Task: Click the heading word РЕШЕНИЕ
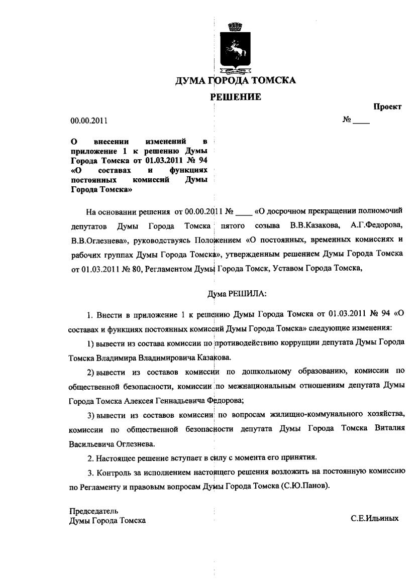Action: (235, 97)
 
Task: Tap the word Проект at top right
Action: (387, 107)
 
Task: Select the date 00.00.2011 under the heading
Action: (89, 121)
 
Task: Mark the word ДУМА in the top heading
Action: (190, 81)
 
